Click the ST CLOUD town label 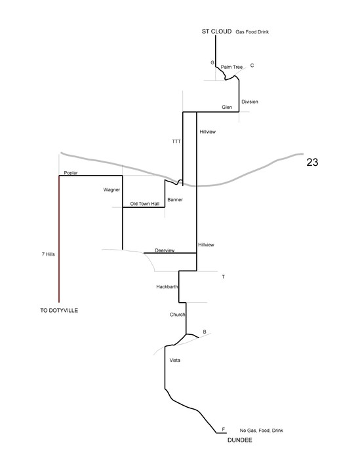click(x=216, y=31)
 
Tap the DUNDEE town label click(x=239, y=440)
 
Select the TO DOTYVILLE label click(x=59, y=310)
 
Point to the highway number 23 click(x=312, y=163)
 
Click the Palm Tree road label click(x=231, y=67)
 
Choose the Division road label click(x=250, y=102)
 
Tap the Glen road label click(x=227, y=107)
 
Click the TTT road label click(x=176, y=142)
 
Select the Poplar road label click(x=71, y=173)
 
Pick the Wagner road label click(x=111, y=189)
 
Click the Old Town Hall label click(x=145, y=204)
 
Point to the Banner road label click(x=175, y=200)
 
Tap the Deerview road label click(x=165, y=250)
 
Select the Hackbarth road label click(x=167, y=287)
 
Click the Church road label click(x=178, y=315)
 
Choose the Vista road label click(x=175, y=360)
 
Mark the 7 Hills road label click(x=48, y=254)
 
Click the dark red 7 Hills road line click(x=59, y=239)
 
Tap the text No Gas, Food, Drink click(x=261, y=431)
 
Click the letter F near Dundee click(x=223, y=429)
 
